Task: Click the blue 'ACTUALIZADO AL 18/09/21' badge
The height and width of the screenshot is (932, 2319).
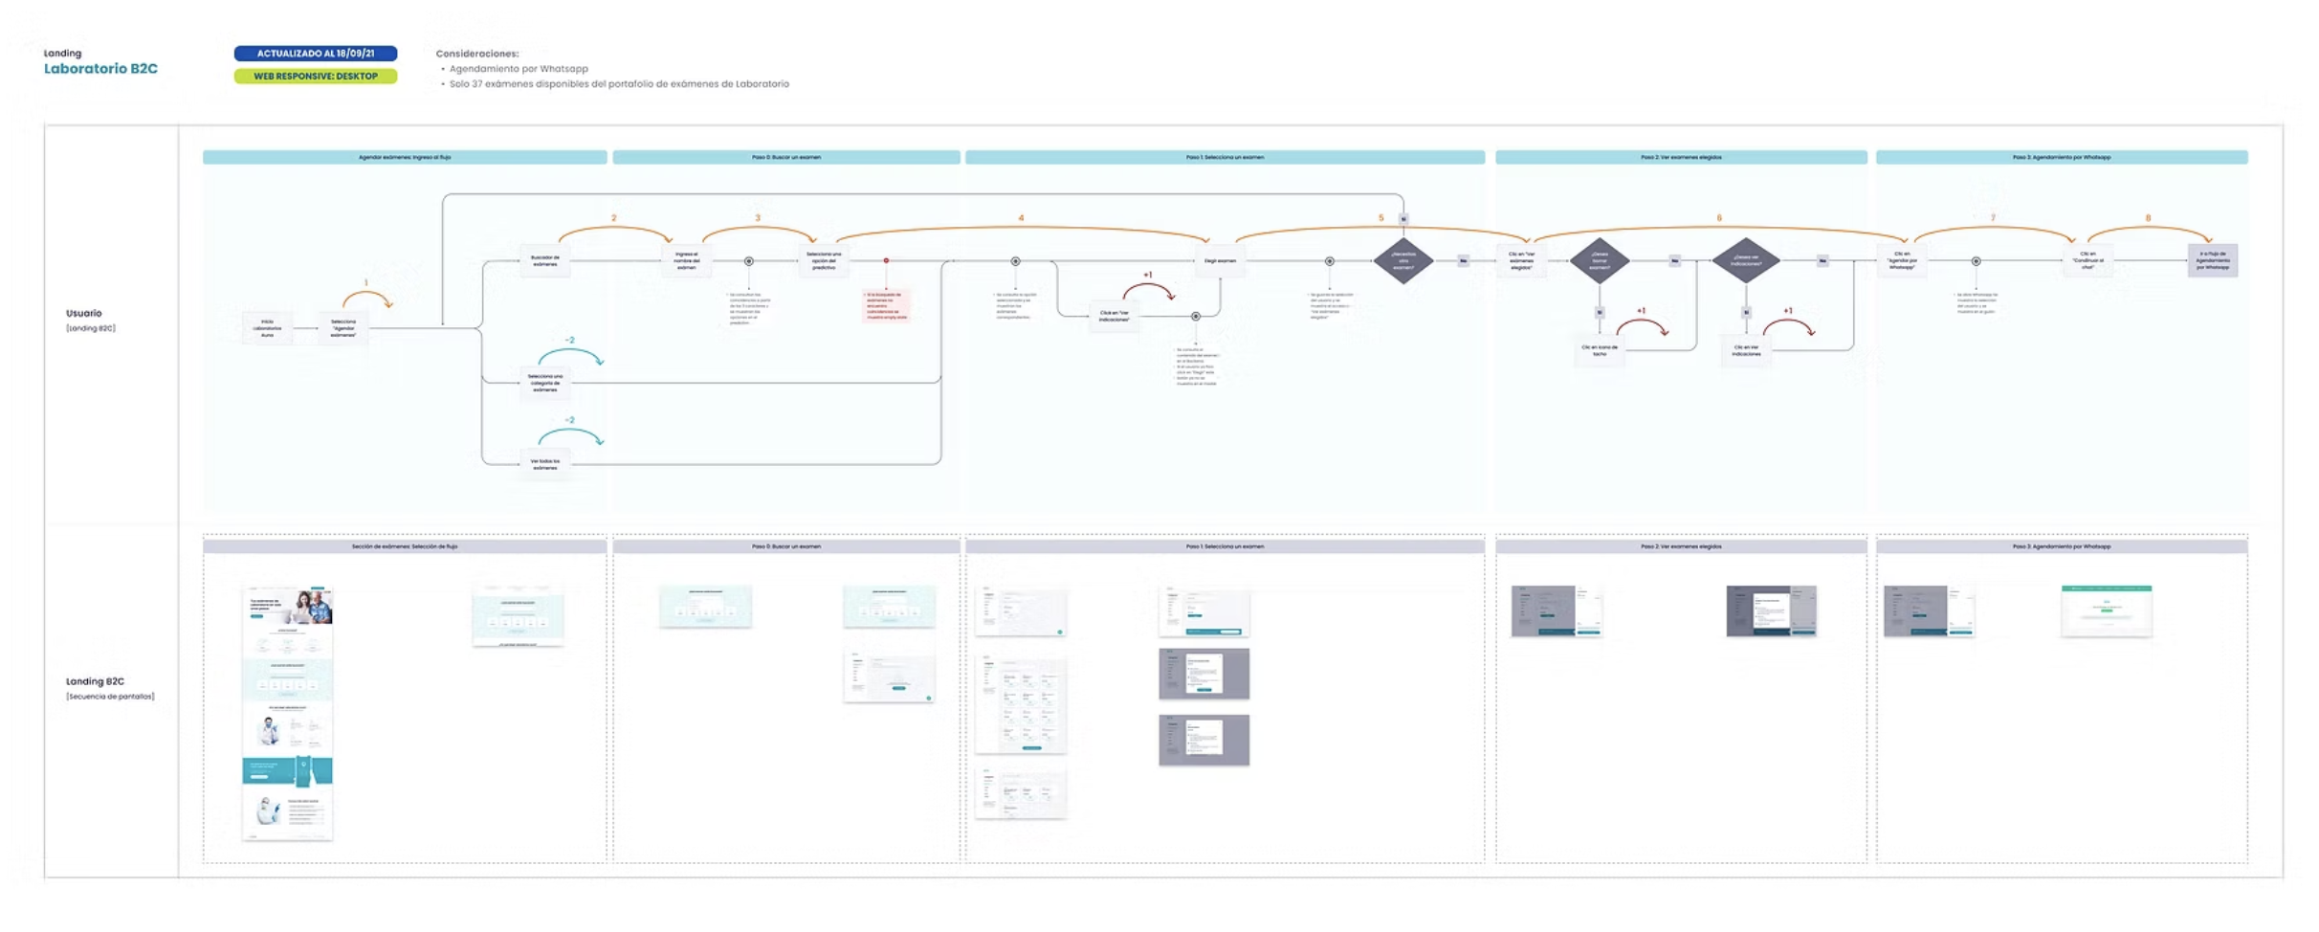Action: coord(315,54)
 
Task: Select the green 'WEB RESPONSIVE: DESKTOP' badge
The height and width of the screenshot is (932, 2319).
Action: coord(315,76)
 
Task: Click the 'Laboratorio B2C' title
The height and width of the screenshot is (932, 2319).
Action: coord(100,69)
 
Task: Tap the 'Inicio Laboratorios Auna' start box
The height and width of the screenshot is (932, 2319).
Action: coord(267,328)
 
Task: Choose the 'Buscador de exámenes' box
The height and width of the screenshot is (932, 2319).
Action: coord(544,260)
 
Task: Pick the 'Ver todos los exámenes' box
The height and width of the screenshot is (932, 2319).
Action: coord(544,464)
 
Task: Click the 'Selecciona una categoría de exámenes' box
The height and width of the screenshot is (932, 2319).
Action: coord(544,383)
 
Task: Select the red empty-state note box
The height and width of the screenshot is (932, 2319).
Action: coord(886,305)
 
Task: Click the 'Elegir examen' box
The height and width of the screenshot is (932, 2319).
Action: coord(1220,260)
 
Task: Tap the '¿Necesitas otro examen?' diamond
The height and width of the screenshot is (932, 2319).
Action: coord(1403,260)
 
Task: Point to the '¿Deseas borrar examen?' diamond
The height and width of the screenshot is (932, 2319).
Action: coord(1600,260)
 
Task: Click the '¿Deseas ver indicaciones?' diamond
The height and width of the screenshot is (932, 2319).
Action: coord(1746,260)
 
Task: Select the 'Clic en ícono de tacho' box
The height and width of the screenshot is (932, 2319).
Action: coord(1600,351)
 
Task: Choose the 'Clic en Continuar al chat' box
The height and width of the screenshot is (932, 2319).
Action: coord(2087,260)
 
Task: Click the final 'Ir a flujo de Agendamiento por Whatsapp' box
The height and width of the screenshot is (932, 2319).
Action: coord(2212,260)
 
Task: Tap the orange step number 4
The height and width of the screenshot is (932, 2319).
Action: coord(1021,218)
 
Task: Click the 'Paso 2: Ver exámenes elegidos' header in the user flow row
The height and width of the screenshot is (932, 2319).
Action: coord(1681,157)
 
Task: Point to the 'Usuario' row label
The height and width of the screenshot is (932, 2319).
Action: coord(84,313)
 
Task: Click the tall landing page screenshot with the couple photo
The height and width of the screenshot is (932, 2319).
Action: coord(287,713)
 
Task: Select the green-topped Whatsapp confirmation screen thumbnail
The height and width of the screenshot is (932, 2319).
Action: coord(2106,610)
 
